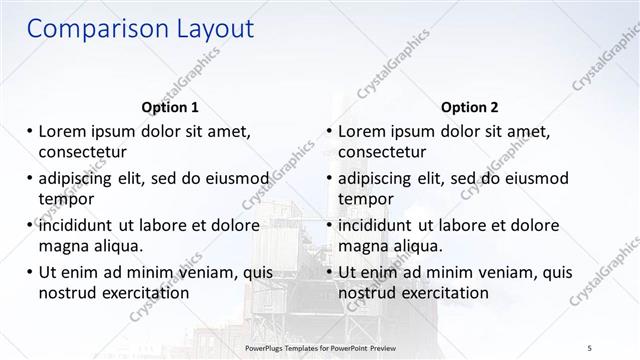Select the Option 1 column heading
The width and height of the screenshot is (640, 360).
[170, 107]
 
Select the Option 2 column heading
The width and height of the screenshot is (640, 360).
[470, 107]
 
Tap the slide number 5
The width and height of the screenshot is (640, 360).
[591, 347]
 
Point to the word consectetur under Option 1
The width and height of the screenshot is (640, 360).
[86, 151]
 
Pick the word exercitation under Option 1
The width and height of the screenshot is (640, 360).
[144, 293]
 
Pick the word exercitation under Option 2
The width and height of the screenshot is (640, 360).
[444, 293]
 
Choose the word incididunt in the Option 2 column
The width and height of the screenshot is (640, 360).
[383, 225]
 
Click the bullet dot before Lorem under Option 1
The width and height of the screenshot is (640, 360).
[30, 131]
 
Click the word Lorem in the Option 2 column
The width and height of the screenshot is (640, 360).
[362, 131]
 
